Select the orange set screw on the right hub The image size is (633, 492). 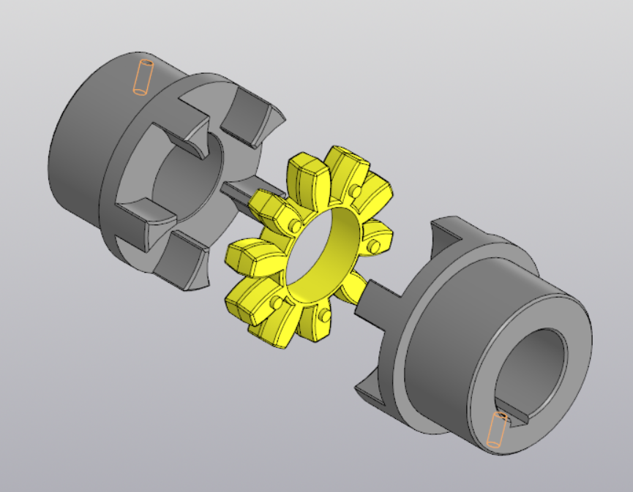tap(497, 429)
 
